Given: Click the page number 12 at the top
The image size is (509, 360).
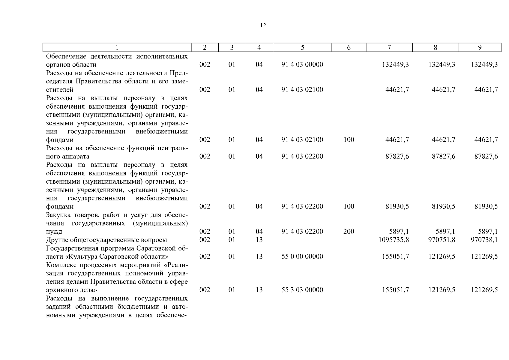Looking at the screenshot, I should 263,26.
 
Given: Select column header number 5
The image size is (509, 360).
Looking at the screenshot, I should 302,47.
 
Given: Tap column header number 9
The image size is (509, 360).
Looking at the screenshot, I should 480,47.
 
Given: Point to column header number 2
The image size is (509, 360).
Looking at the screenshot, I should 205,47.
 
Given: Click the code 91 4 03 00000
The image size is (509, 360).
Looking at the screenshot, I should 302,64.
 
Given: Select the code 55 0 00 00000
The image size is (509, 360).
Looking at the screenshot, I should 302,256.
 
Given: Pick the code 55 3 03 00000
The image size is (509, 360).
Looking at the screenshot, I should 302,290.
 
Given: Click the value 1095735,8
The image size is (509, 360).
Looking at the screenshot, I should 394,240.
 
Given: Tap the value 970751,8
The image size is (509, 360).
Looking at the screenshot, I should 442,240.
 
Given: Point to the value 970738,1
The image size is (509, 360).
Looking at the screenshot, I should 484,240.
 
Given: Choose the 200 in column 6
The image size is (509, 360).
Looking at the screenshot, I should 349,232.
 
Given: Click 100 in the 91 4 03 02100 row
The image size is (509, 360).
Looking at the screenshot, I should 349,140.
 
